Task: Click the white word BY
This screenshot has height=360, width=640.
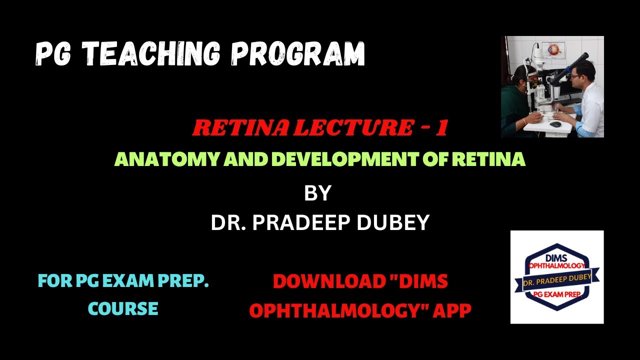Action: pos(317,193)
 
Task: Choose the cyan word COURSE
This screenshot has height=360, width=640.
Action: pos(123,308)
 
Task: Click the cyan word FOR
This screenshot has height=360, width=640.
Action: pos(54,281)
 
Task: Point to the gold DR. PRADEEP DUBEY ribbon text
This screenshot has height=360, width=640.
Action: pos(557,277)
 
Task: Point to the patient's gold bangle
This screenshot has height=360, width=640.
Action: pos(524,121)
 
